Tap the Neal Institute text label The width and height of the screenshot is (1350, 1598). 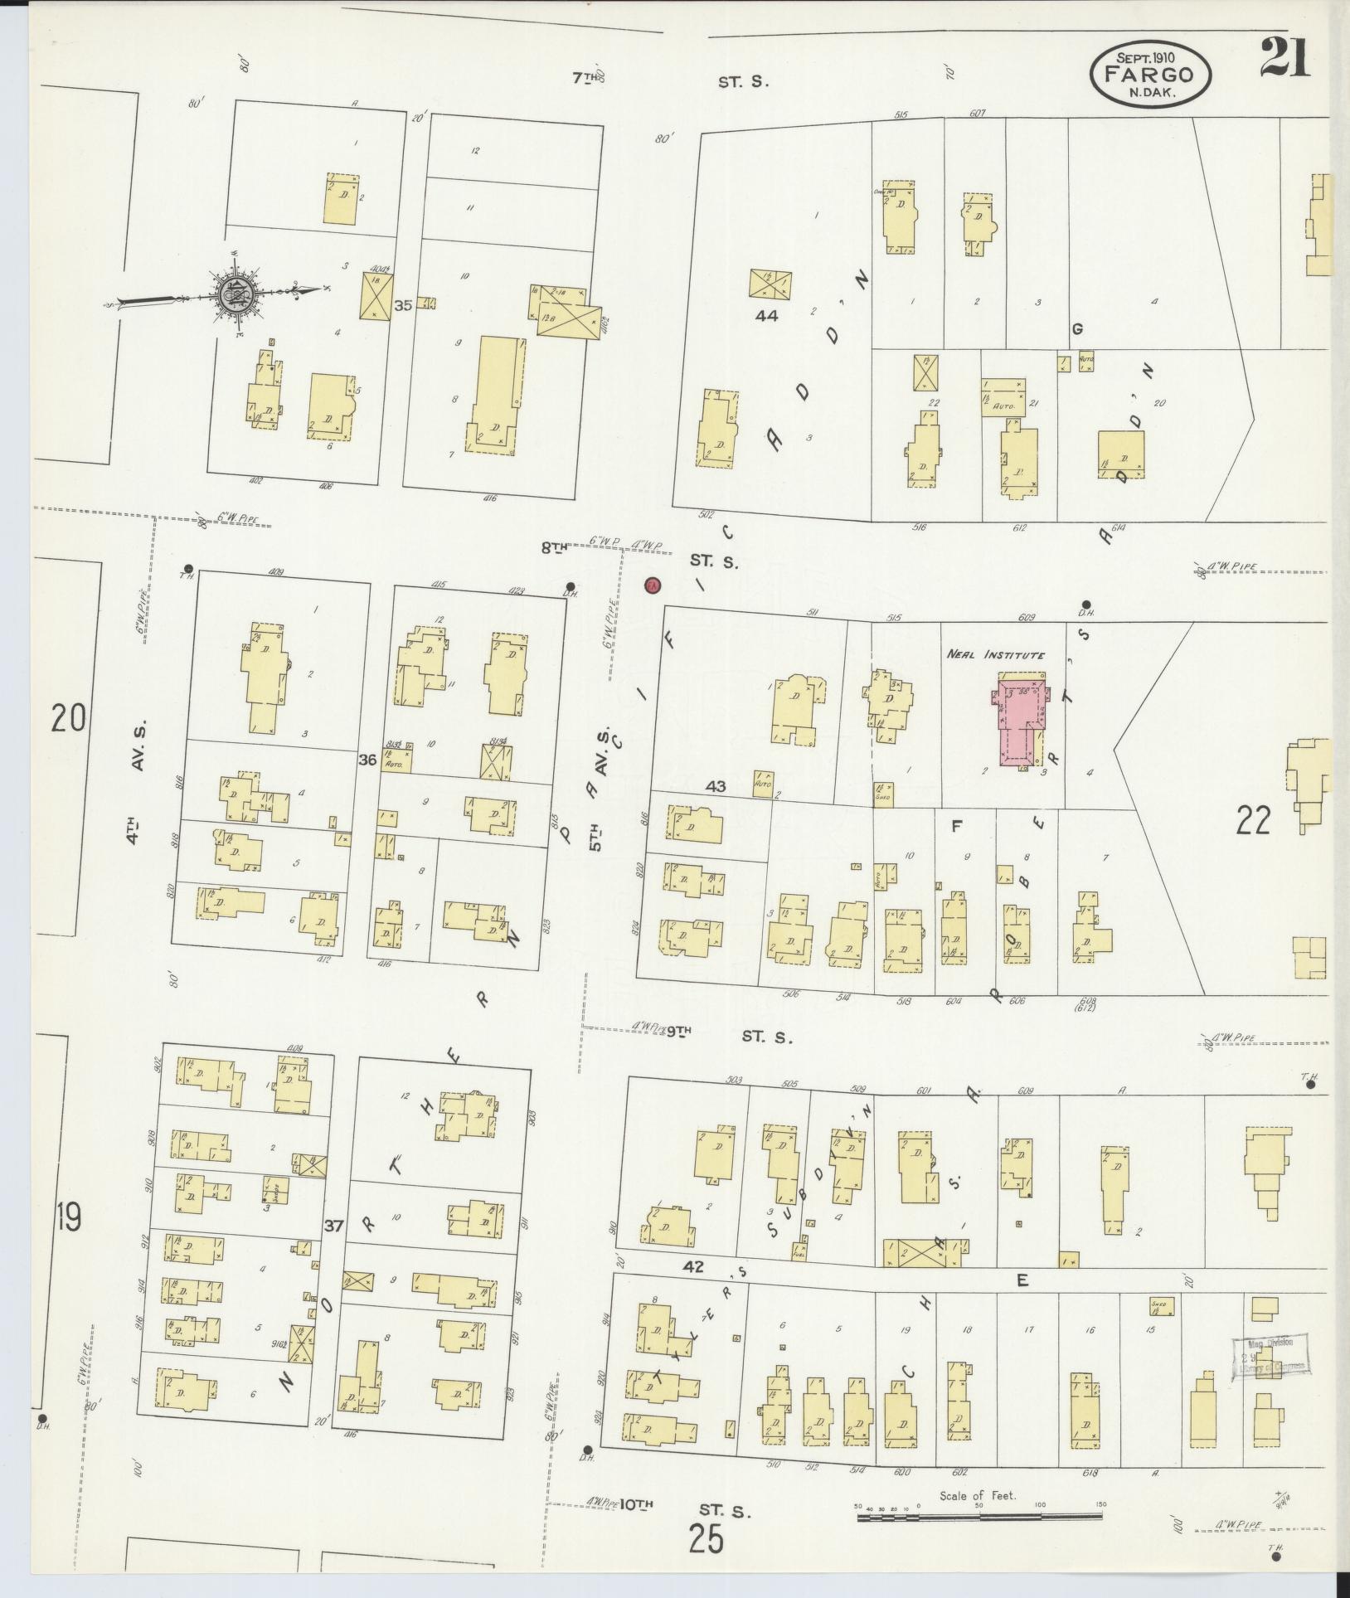(995, 655)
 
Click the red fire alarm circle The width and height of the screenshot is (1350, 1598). (653, 585)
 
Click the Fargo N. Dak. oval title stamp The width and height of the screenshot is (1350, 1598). (1149, 75)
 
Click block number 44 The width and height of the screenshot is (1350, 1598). (766, 315)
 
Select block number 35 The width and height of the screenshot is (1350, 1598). (403, 305)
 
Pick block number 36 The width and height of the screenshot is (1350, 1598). (368, 759)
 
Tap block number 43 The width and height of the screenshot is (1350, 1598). (715, 785)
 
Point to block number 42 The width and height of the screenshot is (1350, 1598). (694, 1290)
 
